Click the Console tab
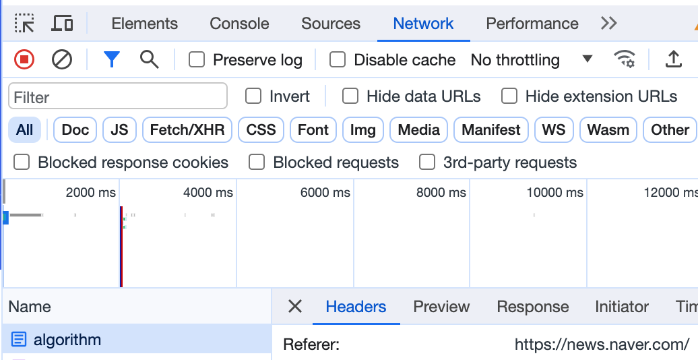point(239,24)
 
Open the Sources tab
point(331,24)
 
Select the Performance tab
point(532,24)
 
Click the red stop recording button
point(24,60)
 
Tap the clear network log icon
point(62,60)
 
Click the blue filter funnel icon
point(112,60)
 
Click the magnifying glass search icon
point(149,60)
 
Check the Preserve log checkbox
point(197,60)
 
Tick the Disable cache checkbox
point(338,60)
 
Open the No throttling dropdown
point(531,60)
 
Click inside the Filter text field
point(118,97)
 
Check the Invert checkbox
point(253,96)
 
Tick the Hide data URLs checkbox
point(350,96)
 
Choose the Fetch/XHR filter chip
point(187,130)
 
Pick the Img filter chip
point(363,130)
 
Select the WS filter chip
point(554,130)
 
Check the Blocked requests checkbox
point(257,162)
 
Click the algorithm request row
point(67,340)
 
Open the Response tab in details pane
point(532,307)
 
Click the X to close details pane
point(295,307)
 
